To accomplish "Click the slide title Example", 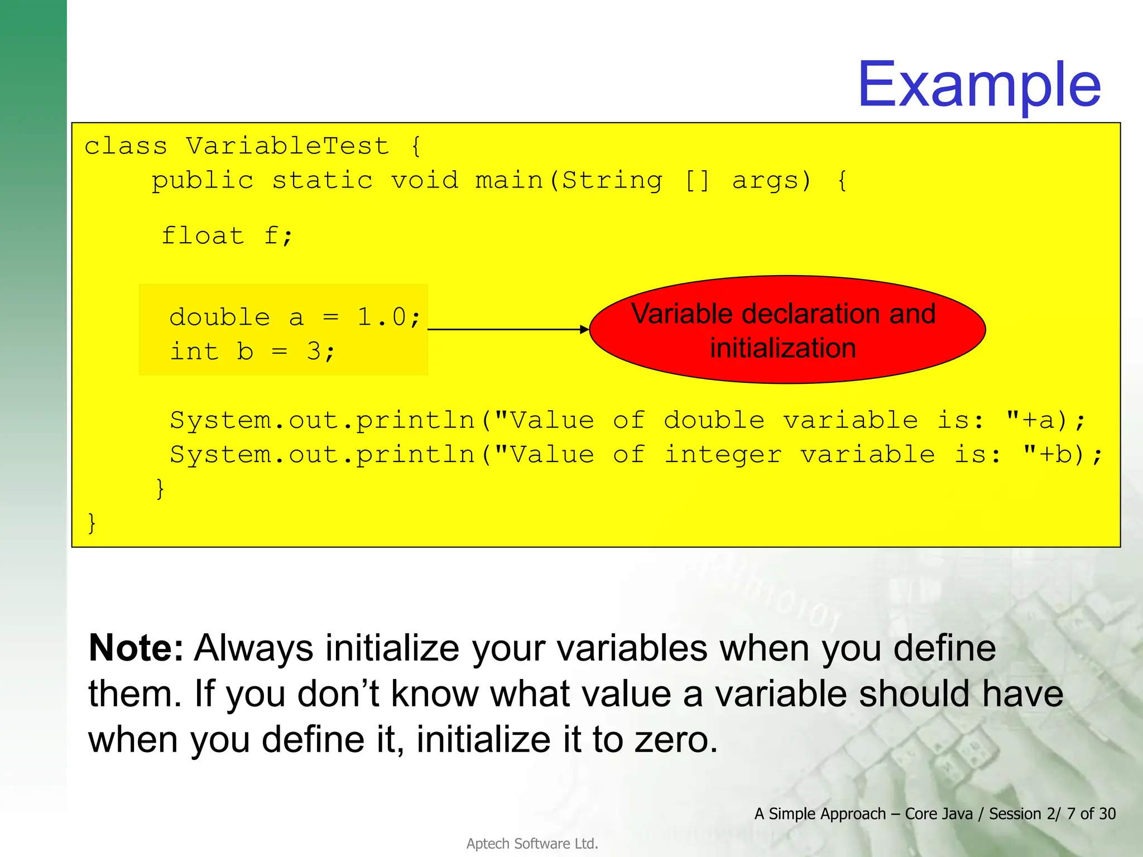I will point(979,85).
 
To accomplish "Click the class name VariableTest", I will point(287,146).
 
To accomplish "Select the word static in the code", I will point(322,181).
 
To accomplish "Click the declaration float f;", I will point(227,235).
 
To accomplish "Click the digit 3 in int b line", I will point(314,352).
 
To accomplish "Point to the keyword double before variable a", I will point(219,317).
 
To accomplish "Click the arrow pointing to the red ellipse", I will point(508,329).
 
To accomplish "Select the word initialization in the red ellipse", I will point(783,348).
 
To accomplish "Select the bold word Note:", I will point(136,648).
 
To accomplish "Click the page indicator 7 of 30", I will point(1091,813).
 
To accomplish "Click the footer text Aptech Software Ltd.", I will point(532,844).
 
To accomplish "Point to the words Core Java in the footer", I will point(938,813).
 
